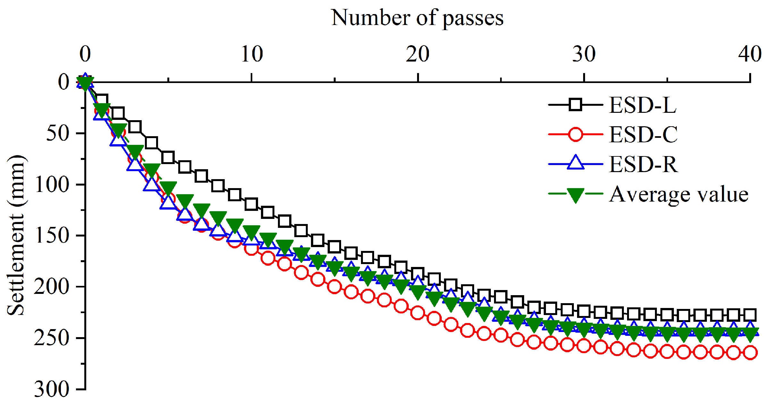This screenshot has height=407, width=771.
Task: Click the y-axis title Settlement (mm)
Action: click(x=15, y=236)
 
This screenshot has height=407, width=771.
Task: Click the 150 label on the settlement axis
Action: click(x=52, y=236)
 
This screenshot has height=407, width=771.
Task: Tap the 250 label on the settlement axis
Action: click(x=52, y=338)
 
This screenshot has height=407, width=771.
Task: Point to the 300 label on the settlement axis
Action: click(x=52, y=389)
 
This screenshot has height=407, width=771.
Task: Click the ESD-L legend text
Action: click(x=643, y=105)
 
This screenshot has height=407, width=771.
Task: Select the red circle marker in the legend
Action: click(x=575, y=134)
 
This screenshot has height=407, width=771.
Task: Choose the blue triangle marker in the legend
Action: click(x=575, y=163)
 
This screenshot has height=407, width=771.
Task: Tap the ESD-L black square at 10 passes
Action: click(x=251, y=204)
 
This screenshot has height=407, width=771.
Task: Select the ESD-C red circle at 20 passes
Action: click(x=417, y=312)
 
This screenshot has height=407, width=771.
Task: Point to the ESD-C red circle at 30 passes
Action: click(x=584, y=346)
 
